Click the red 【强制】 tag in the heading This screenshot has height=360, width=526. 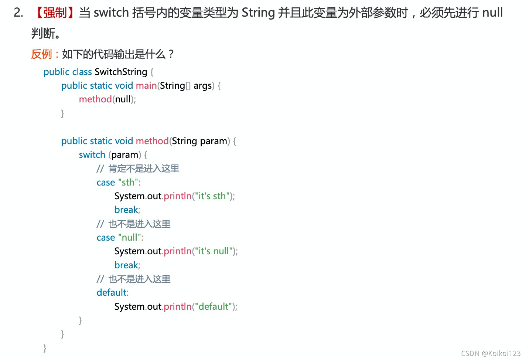click(55, 13)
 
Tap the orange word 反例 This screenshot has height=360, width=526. click(41, 54)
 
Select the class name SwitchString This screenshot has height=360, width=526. click(121, 72)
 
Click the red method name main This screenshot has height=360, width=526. click(146, 86)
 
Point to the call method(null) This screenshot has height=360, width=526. click(107, 99)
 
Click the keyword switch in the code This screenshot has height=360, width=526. click(92, 155)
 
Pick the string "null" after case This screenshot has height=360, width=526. click(130, 238)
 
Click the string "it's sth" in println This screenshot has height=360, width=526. click(212, 196)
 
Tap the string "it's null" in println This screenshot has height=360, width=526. click(214, 251)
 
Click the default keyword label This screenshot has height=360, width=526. click(112, 293)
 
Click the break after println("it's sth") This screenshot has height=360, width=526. click(126, 210)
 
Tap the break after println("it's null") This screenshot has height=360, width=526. click(126, 265)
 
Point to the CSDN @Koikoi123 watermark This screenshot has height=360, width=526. click(491, 353)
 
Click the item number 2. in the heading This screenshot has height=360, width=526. click(18, 13)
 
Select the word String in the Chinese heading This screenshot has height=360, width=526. click(258, 13)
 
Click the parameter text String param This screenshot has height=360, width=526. click(199, 141)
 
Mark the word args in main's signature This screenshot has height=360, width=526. click(202, 86)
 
